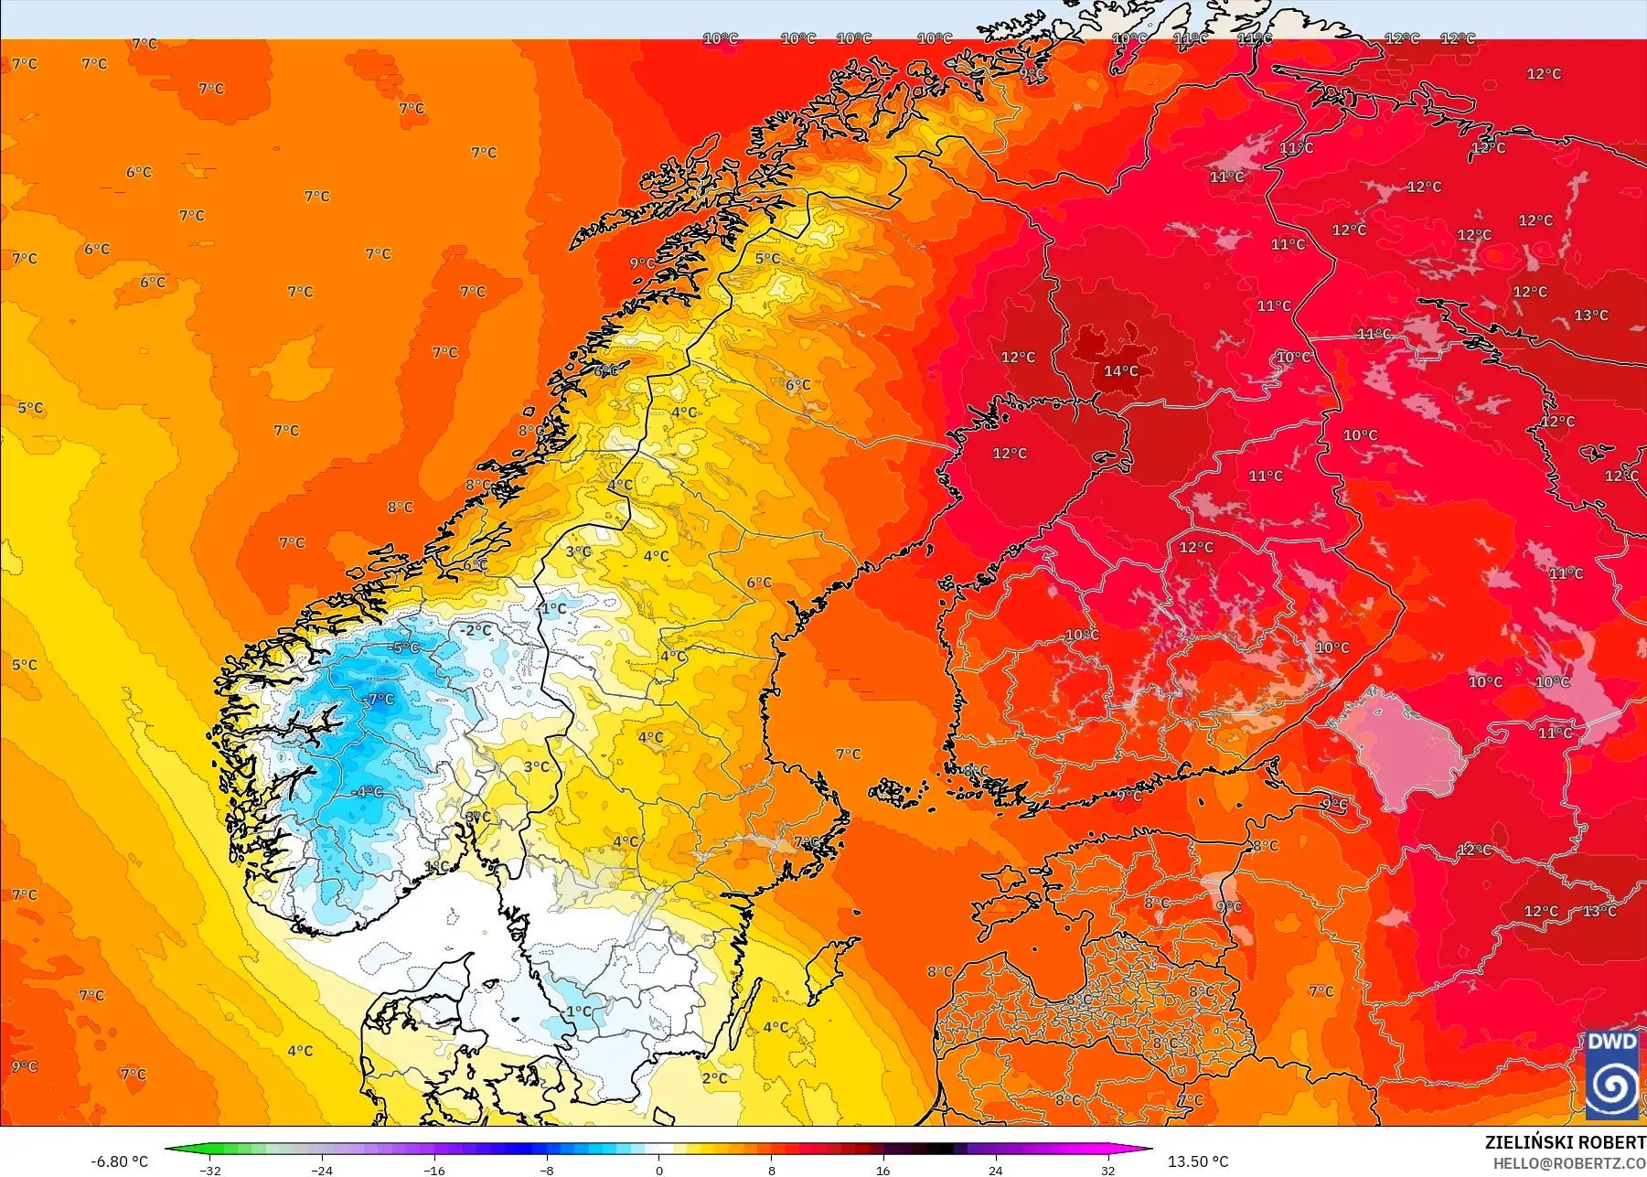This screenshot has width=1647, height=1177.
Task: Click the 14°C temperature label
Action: click(x=1120, y=370)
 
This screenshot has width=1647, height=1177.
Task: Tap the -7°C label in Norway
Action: click(x=379, y=700)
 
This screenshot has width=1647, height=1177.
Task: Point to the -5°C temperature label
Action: click(x=404, y=647)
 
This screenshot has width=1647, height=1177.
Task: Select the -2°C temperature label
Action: click(x=476, y=630)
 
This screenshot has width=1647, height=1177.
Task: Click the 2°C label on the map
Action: click(x=715, y=1078)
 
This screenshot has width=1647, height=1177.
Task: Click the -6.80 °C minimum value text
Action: click(x=119, y=1161)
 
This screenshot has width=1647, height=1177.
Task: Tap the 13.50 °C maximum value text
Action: click(x=1198, y=1161)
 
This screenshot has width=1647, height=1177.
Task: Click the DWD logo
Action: click(x=1612, y=1075)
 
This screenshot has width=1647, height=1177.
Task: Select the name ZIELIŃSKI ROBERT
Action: click(x=1565, y=1142)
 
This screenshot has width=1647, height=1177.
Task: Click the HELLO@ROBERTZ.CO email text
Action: click(x=1569, y=1164)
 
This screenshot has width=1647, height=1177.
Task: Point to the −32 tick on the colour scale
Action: click(x=210, y=1170)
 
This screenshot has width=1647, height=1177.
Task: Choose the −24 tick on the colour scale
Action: click(x=322, y=1170)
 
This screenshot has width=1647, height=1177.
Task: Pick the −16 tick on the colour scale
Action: click(x=434, y=1170)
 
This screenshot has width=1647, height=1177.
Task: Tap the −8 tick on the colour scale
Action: click(x=547, y=1170)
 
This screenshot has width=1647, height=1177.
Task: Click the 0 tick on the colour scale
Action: click(x=659, y=1170)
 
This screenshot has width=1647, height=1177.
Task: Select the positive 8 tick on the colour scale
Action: click(x=772, y=1170)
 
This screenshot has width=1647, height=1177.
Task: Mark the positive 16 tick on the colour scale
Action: click(x=883, y=1170)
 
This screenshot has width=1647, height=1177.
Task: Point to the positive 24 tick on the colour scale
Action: click(x=996, y=1170)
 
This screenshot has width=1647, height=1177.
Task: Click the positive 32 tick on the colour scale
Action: click(x=1108, y=1170)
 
